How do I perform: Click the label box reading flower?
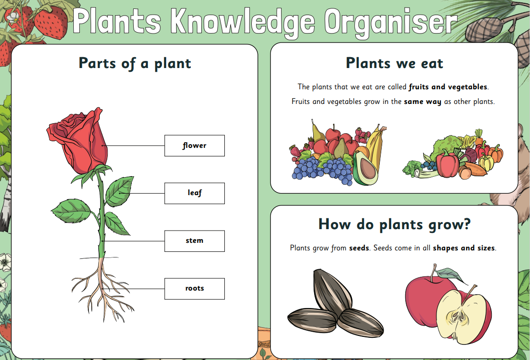pos(194,146)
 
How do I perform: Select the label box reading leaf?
pos(194,193)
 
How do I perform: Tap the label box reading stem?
pos(194,241)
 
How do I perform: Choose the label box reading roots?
pos(194,289)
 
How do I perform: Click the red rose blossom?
pos(78,140)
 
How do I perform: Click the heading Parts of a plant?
pos(135,64)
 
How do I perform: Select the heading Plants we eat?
pos(394,63)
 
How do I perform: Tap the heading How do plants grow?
pos(394,224)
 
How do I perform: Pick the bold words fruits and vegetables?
pos(448,87)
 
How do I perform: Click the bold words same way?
pos(422,102)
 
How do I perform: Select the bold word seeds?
pos(359,248)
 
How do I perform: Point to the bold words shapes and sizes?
pos(464,248)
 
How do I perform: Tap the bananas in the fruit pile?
pos(375,146)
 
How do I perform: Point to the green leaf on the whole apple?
pos(451,275)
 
